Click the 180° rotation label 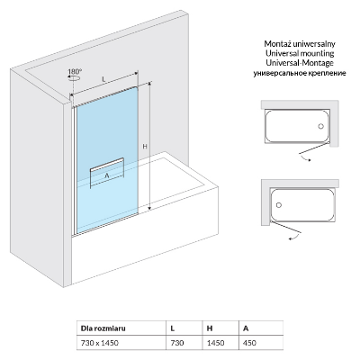pos(75,72)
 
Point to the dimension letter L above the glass pos(103,79)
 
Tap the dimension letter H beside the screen pos(145,147)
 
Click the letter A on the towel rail pos(107,175)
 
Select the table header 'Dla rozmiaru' pos(103,328)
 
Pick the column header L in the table pos(173,328)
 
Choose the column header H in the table pos(210,328)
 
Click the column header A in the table pos(246,328)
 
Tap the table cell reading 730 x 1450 pos(100,343)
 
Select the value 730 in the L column pos(177,343)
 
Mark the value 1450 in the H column pos(216,343)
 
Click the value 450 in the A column pos(250,343)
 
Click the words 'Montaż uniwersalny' pos(300,44)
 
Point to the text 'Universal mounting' pos(300,53)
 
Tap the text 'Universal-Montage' pos(300,63)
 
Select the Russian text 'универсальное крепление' pos(300,73)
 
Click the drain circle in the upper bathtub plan pos(321,126)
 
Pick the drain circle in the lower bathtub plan pos(279,205)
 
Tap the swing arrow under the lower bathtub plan pos(294,238)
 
